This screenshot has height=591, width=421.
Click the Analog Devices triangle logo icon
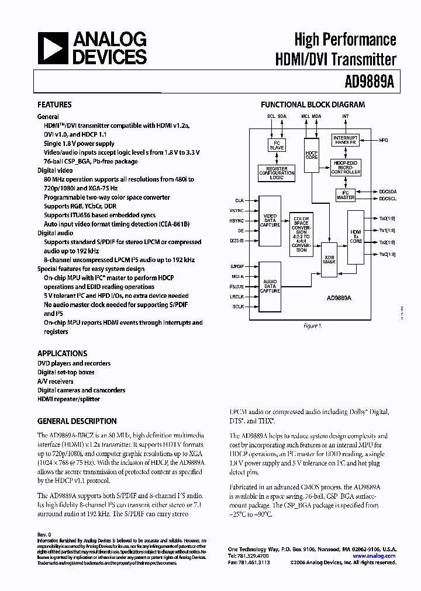pyautogui.click(x=51, y=48)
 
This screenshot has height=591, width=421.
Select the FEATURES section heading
pyautogui.click(x=54, y=105)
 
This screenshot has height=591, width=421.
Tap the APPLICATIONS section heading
pyautogui.click(x=62, y=353)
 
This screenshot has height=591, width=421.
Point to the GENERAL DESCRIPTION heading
pyautogui.click(x=77, y=421)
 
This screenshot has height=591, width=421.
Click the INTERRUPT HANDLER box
pyautogui.click(x=345, y=140)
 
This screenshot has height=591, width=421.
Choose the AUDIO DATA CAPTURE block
pyautogui.click(x=270, y=286)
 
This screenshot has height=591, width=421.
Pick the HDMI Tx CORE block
pyautogui.click(x=356, y=237)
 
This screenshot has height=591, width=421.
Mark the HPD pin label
pyautogui.click(x=383, y=140)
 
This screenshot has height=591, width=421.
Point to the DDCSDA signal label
pyautogui.click(x=387, y=192)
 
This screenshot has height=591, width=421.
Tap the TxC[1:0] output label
pyautogui.click(x=387, y=255)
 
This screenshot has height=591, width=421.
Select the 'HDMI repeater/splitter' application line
pyautogui.click(x=68, y=399)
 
